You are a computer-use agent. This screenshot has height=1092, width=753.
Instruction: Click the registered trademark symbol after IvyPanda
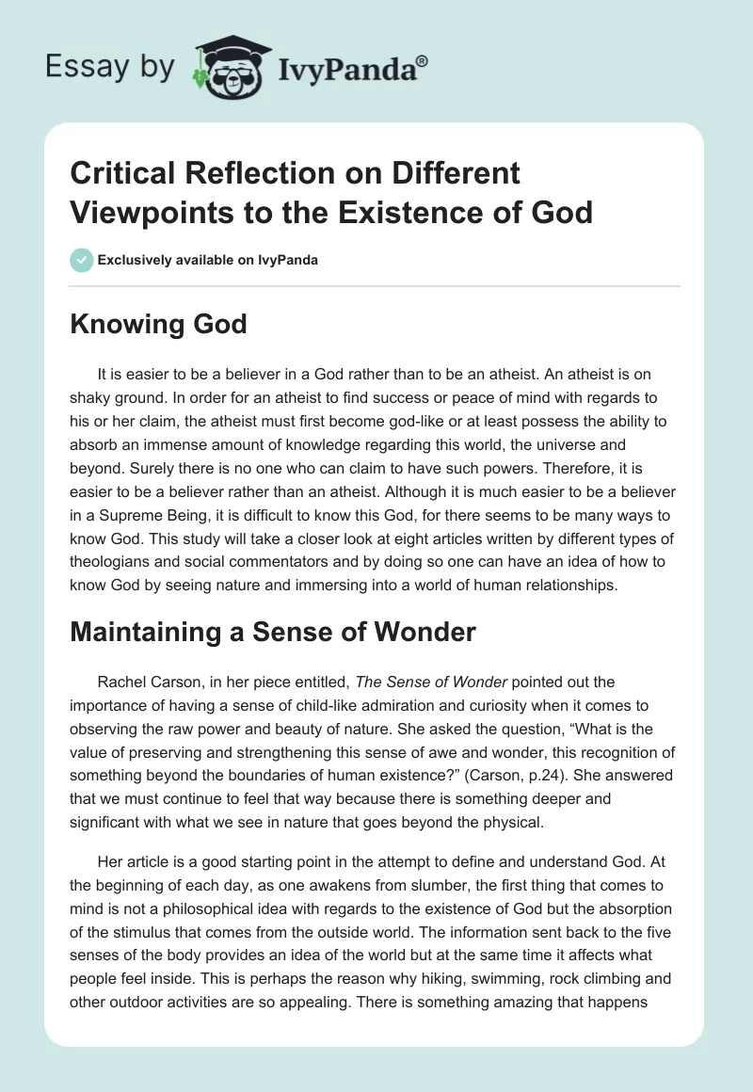tap(423, 61)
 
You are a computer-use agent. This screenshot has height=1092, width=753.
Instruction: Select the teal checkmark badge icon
tap(82, 260)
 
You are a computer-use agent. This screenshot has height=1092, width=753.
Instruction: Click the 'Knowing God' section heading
tap(158, 325)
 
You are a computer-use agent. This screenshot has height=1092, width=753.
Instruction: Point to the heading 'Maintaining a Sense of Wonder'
tap(273, 633)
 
